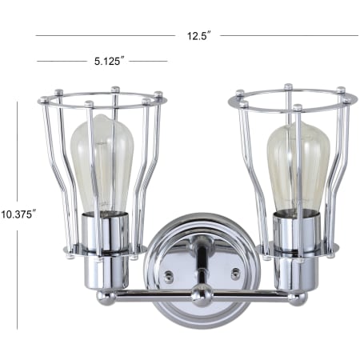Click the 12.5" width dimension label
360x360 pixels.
click(199, 36)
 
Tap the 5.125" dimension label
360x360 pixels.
click(109, 61)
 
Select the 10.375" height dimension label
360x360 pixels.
click(18, 214)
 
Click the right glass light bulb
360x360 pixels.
click(298, 166)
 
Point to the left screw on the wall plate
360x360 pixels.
click(169, 276)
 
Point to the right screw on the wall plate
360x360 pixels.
click(235, 274)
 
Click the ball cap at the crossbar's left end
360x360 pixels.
click(106, 298)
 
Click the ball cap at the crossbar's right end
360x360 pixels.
click(298, 298)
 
